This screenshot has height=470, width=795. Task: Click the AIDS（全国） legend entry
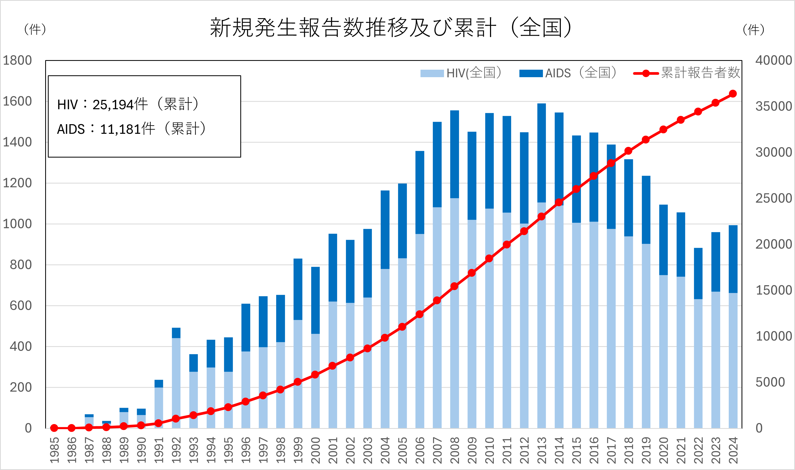pyautogui.click(x=568, y=73)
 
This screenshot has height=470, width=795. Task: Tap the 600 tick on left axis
pyautogui.click(x=21, y=305)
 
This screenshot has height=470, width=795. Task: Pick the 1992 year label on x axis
pyautogui.click(x=176, y=450)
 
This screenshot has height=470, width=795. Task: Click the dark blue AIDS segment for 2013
pyautogui.click(x=541, y=152)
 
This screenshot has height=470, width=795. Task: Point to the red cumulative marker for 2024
pyautogui.click(x=732, y=94)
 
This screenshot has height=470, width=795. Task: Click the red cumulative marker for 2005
pyautogui.click(x=402, y=327)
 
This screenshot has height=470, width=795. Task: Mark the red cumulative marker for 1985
pyautogui.click(x=54, y=428)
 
